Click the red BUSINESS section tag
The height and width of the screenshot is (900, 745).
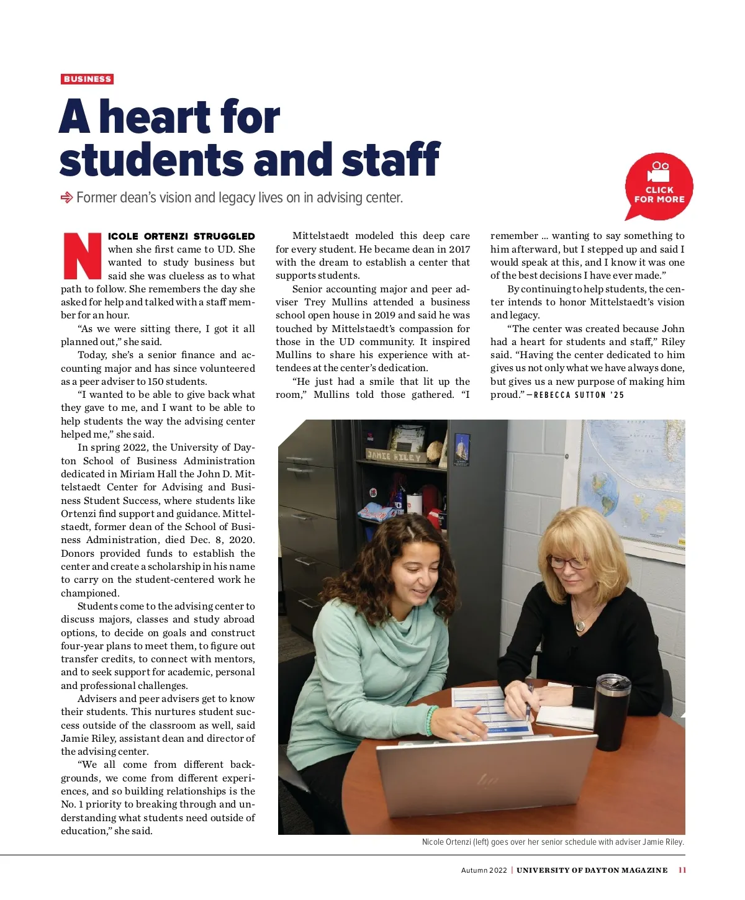point(87,79)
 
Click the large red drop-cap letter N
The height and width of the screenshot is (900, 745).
point(82,256)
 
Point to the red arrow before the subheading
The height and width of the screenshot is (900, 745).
point(66,198)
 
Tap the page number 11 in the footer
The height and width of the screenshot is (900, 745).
point(682,870)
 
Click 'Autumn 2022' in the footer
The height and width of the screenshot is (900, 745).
point(484,870)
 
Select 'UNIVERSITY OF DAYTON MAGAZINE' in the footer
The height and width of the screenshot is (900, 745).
point(592,870)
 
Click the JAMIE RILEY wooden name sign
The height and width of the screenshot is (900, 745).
point(394,456)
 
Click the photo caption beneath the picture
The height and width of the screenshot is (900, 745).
point(553,842)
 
